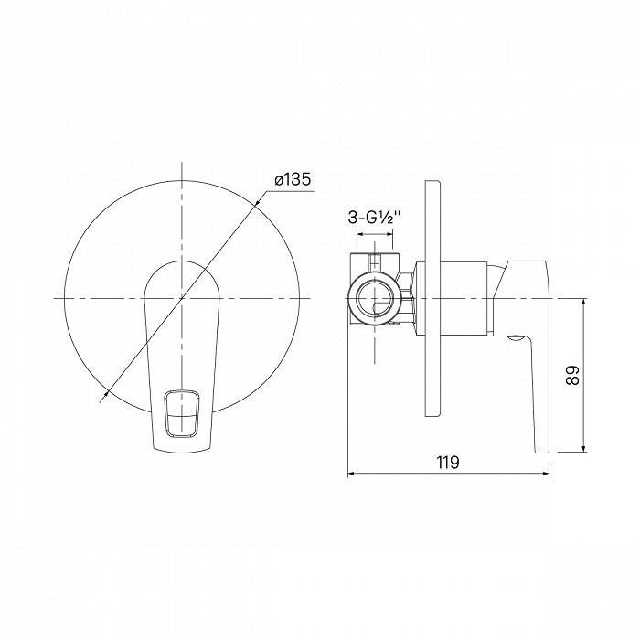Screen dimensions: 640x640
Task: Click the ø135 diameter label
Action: click(x=293, y=179)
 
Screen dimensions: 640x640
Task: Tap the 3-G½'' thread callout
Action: click(x=373, y=218)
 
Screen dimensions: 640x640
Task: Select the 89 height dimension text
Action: click(x=572, y=375)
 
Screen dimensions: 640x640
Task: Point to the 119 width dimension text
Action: click(x=448, y=463)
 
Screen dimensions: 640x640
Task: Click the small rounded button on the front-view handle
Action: click(x=182, y=414)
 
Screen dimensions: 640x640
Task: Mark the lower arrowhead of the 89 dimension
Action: click(x=583, y=447)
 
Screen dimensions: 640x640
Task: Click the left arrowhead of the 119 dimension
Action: click(x=352, y=474)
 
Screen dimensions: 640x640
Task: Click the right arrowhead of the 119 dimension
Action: click(x=545, y=474)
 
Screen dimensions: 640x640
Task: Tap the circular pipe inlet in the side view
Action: click(x=375, y=297)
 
